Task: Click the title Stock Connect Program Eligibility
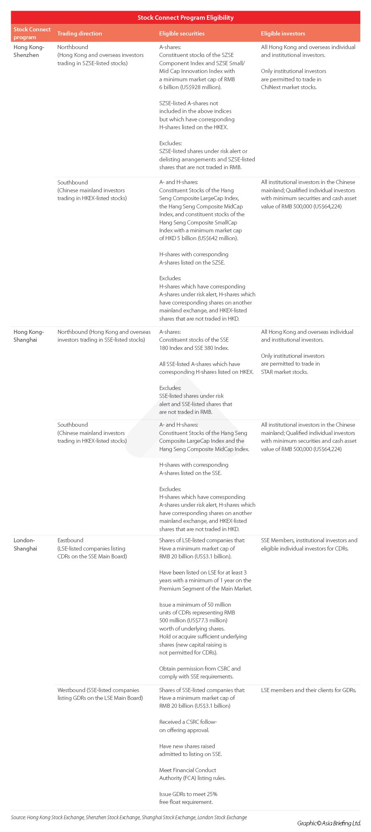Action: click(x=185, y=18)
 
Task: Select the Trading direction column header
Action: click(x=80, y=33)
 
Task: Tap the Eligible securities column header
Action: click(x=182, y=33)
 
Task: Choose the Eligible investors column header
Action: click(x=283, y=33)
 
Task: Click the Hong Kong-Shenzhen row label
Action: click(x=29, y=51)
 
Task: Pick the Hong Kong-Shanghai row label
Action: click(x=28, y=336)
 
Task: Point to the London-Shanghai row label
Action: click(x=25, y=544)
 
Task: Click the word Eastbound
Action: click(x=70, y=540)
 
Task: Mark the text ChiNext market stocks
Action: click(x=289, y=87)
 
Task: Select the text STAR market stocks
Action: click(x=284, y=372)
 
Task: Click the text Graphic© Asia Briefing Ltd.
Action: click(x=329, y=823)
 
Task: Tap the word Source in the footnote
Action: click(x=18, y=817)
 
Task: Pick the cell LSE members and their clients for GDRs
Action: click(x=309, y=690)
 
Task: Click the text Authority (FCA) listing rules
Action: click(x=193, y=778)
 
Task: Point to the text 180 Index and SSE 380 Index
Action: click(x=194, y=348)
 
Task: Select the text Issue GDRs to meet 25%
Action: click(x=188, y=794)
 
